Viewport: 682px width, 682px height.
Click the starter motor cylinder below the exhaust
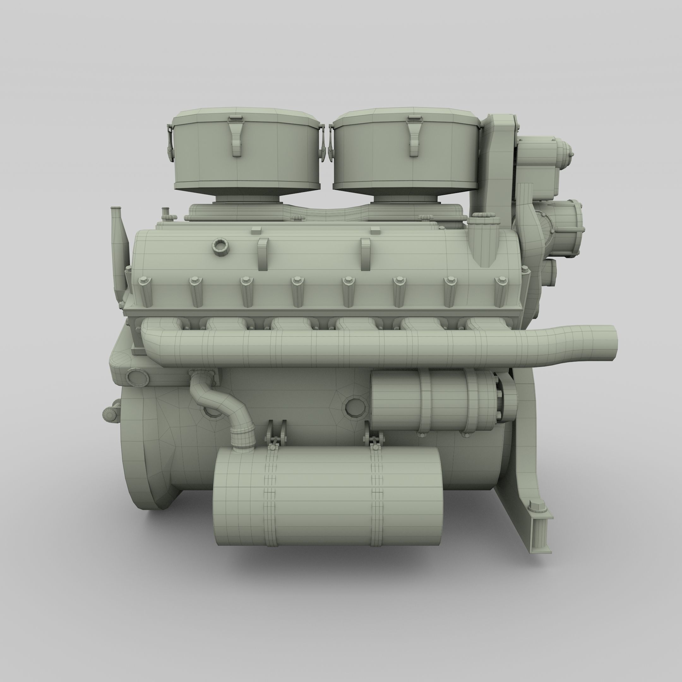tap(434, 401)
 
